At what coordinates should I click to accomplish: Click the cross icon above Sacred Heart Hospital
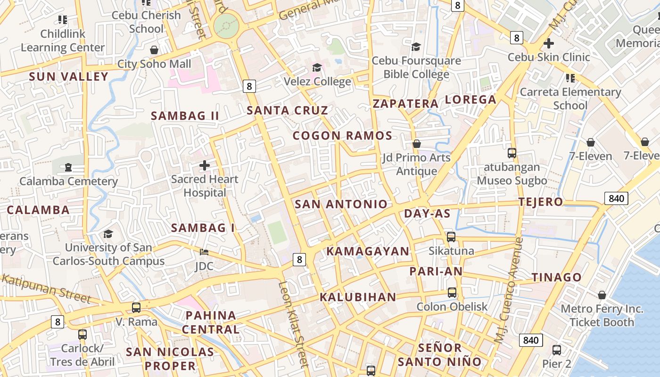click(x=204, y=165)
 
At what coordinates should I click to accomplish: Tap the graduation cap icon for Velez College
click(x=317, y=68)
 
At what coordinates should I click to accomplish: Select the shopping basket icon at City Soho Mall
click(x=154, y=50)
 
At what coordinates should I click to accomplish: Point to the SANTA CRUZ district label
click(x=287, y=111)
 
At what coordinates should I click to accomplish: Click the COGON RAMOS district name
click(x=342, y=136)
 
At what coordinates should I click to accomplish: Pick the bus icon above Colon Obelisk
click(x=452, y=293)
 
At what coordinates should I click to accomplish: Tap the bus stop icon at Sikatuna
click(x=451, y=237)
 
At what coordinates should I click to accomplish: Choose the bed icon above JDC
click(x=204, y=253)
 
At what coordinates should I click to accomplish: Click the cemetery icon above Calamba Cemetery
click(x=68, y=167)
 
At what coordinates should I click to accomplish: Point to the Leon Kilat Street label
click(x=293, y=324)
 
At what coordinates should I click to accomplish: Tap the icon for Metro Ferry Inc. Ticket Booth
click(x=602, y=295)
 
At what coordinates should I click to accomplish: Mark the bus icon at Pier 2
click(x=557, y=350)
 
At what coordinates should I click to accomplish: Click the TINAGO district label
click(x=556, y=278)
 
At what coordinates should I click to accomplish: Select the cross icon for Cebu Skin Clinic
click(x=548, y=44)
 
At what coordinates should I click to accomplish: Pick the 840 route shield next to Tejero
click(x=616, y=198)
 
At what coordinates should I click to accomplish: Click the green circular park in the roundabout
click(x=226, y=25)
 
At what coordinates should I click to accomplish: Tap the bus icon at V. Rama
click(x=136, y=308)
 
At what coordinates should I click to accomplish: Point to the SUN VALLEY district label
click(x=68, y=77)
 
